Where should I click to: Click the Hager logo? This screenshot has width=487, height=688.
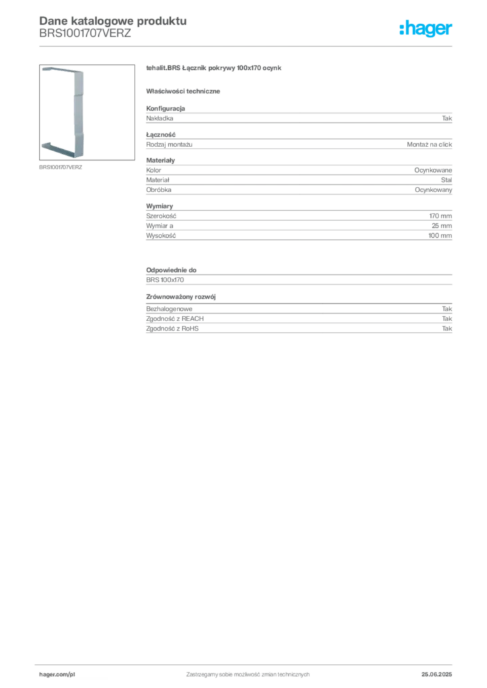tap(426, 28)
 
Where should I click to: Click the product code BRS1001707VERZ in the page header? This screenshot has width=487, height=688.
tap(85, 34)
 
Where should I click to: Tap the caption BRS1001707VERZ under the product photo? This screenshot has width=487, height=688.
tap(61, 167)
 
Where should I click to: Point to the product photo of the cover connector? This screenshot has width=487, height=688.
tap(87, 112)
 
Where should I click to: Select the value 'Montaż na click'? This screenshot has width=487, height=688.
tap(429, 144)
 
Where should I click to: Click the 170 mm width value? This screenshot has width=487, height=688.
tap(441, 216)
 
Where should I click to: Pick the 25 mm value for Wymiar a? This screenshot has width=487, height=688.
tap(441, 226)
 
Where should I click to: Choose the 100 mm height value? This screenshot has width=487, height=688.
tap(440, 236)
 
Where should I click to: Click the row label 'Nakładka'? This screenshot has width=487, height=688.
tap(159, 118)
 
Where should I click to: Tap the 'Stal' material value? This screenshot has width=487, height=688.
tap(446, 180)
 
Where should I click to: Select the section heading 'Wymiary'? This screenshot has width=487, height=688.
tap(159, 206)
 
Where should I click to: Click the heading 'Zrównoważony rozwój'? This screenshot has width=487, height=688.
tap(181, 296)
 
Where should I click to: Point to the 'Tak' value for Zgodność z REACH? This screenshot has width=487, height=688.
tap(447, 318)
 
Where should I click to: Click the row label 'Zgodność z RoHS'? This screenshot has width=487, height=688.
tap(172, 328)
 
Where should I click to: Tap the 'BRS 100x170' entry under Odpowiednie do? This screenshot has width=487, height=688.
tap(165, 279)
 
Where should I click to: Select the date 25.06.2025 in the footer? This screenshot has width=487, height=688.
tap(437, 675)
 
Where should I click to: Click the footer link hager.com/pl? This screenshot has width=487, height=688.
tap(57, 675)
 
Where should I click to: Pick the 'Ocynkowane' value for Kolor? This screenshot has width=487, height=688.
tap(433, 170)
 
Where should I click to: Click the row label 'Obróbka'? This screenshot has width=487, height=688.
tap(159, 189)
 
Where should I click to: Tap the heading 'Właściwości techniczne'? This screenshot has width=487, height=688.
tap(183, 91)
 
